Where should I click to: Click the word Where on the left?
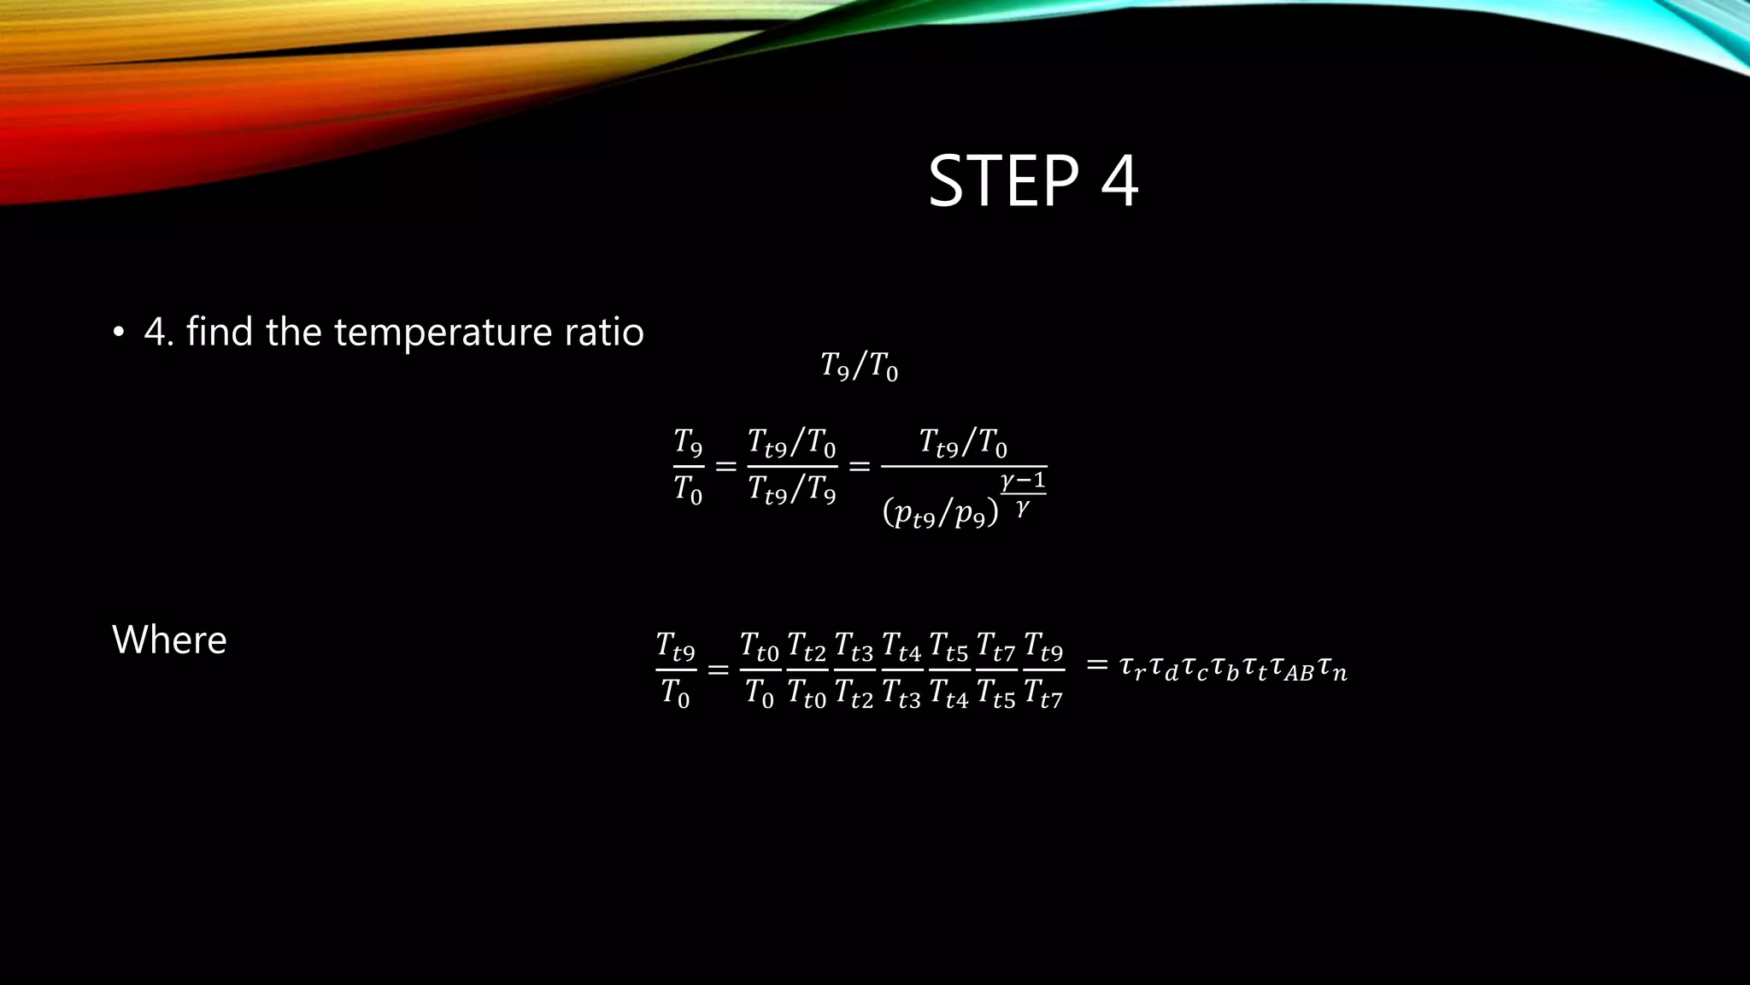(x=169, y=640)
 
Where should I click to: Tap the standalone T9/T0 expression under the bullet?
(x=859, y=366)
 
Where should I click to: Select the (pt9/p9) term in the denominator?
(x=940, y=513)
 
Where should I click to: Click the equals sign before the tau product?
(x=1097, y=664)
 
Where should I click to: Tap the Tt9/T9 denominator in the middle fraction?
(x=791, y=491)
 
